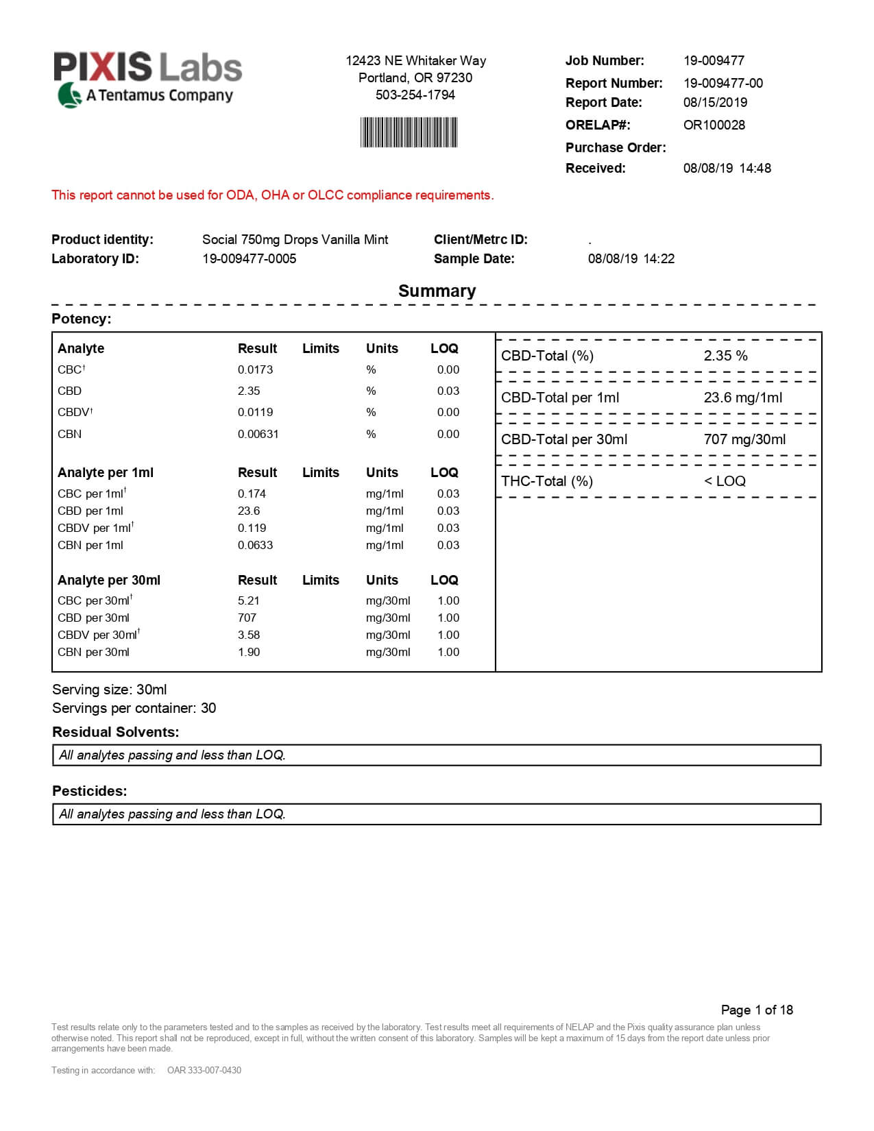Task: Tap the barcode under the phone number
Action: point(409,132)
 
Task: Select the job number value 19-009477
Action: point(714,60)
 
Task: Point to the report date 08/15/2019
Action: point(715,102)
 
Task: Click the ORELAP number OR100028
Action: point(714,125)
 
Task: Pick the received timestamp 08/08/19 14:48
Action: point(727,168)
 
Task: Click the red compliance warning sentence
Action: point(272,195)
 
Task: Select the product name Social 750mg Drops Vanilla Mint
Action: point(295,239)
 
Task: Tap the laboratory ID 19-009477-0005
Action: point(249,258)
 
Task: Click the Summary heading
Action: point(437,291)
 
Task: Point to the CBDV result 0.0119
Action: point(255,412)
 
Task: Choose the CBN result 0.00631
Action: point(258,434)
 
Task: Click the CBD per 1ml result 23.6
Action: point(248,511)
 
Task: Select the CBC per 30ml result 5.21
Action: point(248,600)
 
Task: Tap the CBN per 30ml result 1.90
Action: point(248,652)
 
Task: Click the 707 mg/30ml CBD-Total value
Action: point(744,439)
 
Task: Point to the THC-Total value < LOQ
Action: point(725,481)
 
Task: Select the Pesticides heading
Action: point(90,791)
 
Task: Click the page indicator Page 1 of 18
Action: point(757,1010)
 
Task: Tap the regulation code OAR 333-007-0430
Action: point(204,1070)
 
